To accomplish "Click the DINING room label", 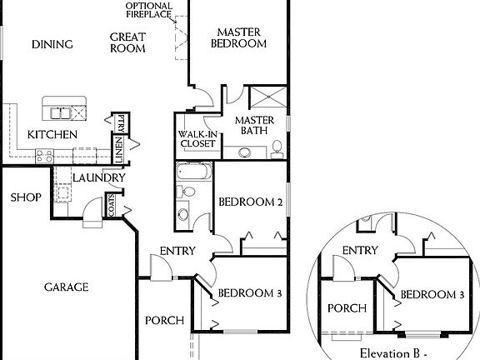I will (x=52, y=44).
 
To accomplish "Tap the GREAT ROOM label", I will (x=127, y=42).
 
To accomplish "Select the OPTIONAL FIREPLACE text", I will (x=149, y=10).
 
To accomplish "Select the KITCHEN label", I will (x=52, y=134).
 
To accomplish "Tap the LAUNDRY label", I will (x=98, y=177).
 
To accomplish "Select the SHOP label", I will (x=25, y=197).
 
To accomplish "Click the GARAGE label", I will (x=66, y=287).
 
